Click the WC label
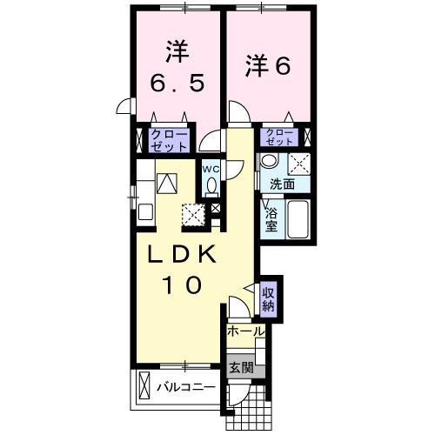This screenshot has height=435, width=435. pyautogui.click(x=211, y=168)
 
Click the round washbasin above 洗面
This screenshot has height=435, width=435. pyautogui.click(x=271, y=161)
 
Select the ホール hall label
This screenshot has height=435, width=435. pyautogui.click(x=245, y=331)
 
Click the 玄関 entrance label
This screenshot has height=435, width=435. pyautogui.click(x=242, y=369)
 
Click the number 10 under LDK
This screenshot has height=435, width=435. pyautogui.click(x=183, y=284)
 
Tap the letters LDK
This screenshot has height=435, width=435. pyautogui.click(x=184, y=253)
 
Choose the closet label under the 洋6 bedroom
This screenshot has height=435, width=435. pyautogui.click(x=279, y=136)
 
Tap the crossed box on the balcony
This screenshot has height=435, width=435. pyautogui.click(x=144, y=385)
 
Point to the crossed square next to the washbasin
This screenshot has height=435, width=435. pyautogui.click(x=301, y=161)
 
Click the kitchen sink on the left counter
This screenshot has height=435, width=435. pyautogui.click(x=167, y=183)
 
